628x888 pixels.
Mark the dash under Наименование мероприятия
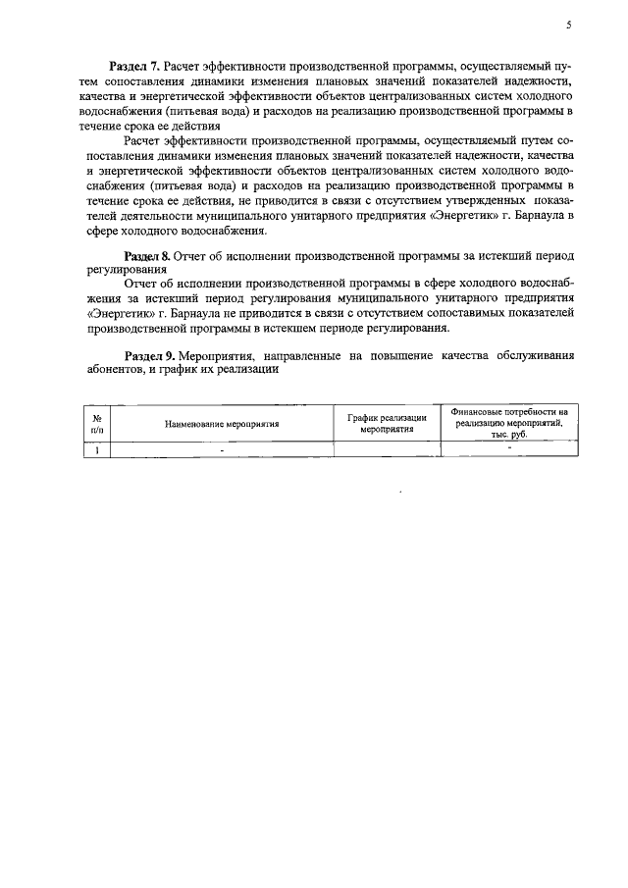223,451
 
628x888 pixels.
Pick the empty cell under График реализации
388,450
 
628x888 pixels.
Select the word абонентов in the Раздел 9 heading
115,372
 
